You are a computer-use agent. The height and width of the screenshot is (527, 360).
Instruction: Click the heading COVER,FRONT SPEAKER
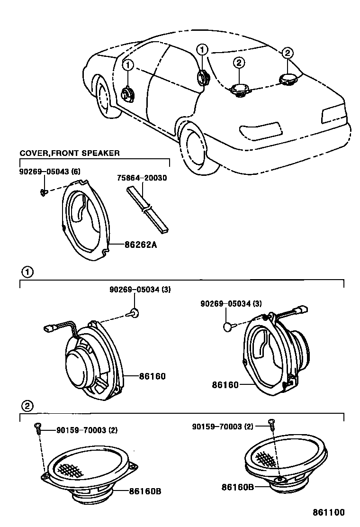click(69, 153)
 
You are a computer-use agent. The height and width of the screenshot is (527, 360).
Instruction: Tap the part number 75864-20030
click(142, 178)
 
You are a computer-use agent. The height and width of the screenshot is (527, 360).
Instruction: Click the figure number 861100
click(328, 512)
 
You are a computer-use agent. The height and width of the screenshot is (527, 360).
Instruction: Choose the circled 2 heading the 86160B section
click(27, 405)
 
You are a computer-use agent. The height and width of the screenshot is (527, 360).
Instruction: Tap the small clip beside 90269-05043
click(43, 192)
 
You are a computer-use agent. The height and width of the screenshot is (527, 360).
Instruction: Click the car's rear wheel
click(197, 147)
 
